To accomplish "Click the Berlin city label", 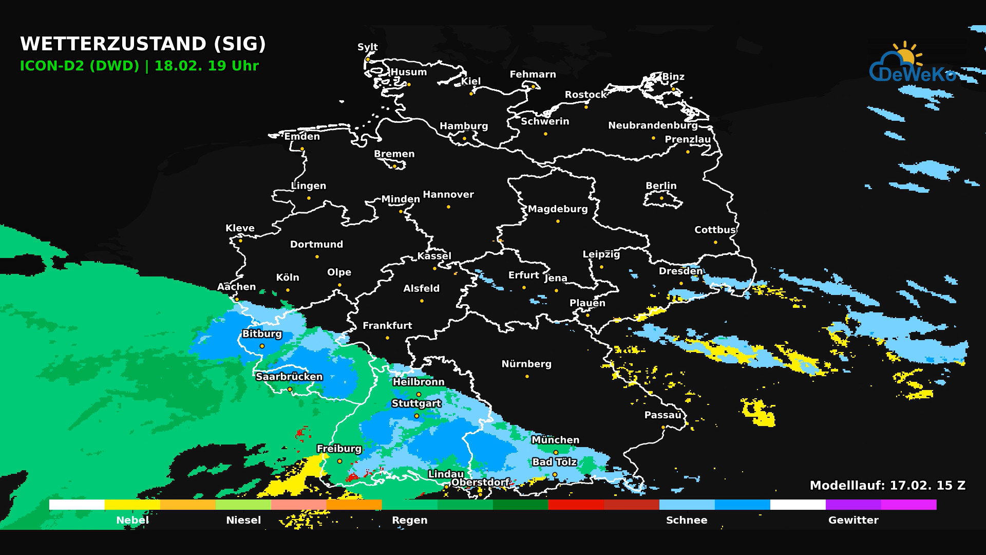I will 661,186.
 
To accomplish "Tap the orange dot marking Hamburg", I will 464,138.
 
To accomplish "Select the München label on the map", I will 555,440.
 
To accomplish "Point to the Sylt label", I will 368,47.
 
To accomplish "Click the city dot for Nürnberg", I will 527,376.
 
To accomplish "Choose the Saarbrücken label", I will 289,377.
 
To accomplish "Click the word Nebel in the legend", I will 132,520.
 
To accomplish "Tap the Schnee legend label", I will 687,520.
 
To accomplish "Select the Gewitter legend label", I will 853,520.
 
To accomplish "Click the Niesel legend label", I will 243,520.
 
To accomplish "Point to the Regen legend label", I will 409,520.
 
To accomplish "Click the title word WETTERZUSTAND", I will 113,44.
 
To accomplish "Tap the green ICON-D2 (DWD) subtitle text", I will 80,66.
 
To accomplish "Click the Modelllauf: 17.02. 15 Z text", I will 887,485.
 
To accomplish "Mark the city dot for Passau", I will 663,427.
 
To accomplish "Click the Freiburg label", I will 339,449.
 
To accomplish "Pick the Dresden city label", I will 680,271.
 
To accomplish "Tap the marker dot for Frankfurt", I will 387,338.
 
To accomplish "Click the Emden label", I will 302,136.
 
